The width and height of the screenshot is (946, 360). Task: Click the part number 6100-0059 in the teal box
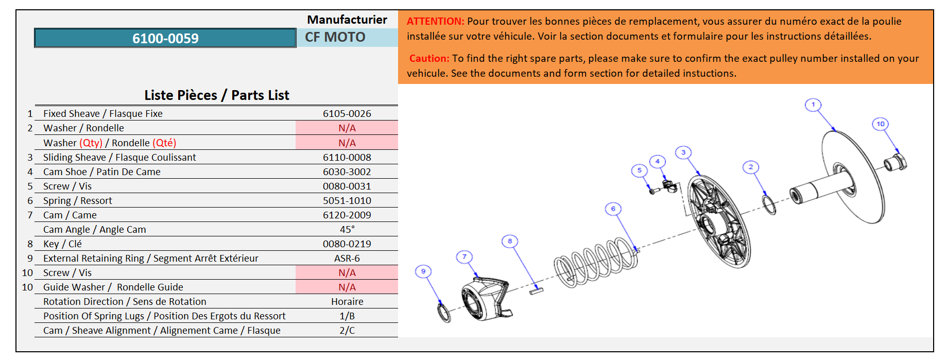(x=165, y=38)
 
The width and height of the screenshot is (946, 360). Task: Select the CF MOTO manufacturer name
(x=335, y=37)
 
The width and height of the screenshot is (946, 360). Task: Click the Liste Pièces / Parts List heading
(x=216, y=95)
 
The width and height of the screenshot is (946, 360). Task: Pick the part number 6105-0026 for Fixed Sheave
(x=347, y=113)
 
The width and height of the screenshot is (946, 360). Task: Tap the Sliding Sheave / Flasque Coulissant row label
(x=119, y=157)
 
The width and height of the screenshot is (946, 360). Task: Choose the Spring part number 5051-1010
(x=347, y=200)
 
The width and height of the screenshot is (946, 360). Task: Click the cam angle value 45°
(x=347, y=229)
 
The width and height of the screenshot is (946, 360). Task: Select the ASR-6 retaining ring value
(x=347, y=258)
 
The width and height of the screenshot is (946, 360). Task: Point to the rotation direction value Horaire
(x=347, y=301)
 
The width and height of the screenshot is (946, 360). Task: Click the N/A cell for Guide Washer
(x=347, y=287)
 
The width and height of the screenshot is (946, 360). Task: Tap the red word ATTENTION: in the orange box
(x=435, y=21)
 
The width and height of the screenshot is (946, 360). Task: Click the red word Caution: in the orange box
(x=429, y=58)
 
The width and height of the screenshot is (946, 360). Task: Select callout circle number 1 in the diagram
(x=813, y=105)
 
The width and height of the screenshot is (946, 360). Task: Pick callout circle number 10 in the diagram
(x=880, y=124)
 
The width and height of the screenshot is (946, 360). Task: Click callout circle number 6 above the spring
(x=613, y=209)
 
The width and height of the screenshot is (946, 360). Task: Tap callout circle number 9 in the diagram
(x=423, y=271)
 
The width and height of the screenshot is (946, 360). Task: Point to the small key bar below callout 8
(x=536, y=291)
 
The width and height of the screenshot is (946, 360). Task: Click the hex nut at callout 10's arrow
(x=896, y=162)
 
